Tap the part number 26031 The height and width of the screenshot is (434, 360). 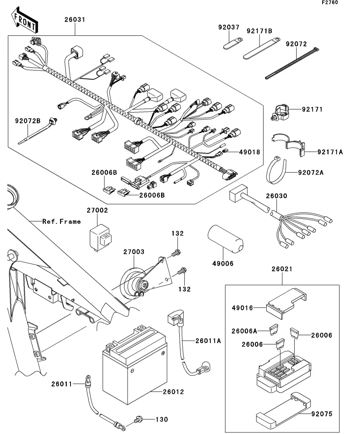[75, 20]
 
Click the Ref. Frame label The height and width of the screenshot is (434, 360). [61, 222]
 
